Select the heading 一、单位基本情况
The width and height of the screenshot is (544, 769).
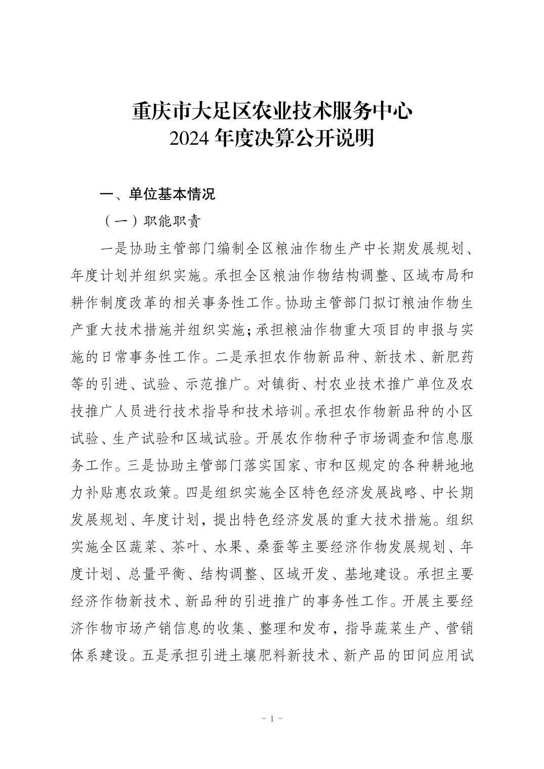point(158,194)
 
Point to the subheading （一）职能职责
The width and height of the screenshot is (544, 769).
point(151,221)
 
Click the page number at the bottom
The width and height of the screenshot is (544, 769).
point(272,719)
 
